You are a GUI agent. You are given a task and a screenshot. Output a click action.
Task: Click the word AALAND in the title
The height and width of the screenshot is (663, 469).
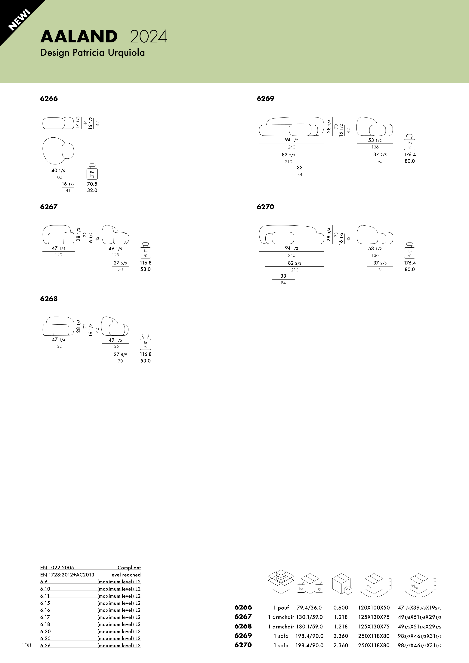click(79, 37)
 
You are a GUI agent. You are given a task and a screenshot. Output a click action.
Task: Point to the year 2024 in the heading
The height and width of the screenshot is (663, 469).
click(149, 37)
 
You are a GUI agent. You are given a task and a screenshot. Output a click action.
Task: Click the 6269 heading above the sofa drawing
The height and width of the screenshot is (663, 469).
click(265, 99)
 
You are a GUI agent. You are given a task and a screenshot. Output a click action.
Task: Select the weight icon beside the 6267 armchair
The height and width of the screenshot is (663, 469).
click(145, 250)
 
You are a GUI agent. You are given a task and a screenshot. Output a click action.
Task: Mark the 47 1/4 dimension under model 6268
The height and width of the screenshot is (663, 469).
click(58, 339)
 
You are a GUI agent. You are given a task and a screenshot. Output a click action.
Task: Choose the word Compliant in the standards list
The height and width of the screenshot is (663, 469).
click(129, 568)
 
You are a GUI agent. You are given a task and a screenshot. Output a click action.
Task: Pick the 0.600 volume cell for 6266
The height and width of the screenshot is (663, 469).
click(341, 608)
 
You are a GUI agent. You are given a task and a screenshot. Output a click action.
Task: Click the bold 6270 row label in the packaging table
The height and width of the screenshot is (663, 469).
click(243, 645)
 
